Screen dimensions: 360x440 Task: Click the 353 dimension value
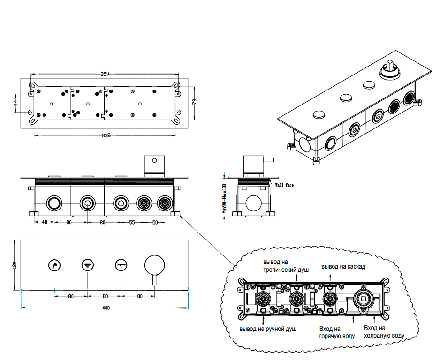[105, 74]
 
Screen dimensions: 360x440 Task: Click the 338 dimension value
[106, 135]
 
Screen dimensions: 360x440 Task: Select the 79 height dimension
[194, 101]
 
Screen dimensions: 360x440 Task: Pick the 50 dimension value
[155, 223]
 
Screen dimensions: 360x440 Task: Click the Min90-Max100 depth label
[225, 198]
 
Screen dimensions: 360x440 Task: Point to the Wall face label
[284, 186]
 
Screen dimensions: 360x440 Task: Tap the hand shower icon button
[55, 266]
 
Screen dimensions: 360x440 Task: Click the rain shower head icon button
[88, 266]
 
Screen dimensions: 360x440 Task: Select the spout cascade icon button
[121, 266]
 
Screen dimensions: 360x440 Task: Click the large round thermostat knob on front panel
[154, 265]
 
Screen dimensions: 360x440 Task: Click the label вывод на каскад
[343, 266]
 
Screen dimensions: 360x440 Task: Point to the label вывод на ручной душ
[268, 329]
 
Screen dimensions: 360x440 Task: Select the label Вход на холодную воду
[384, 332]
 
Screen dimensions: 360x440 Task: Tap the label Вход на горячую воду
[337, 332]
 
